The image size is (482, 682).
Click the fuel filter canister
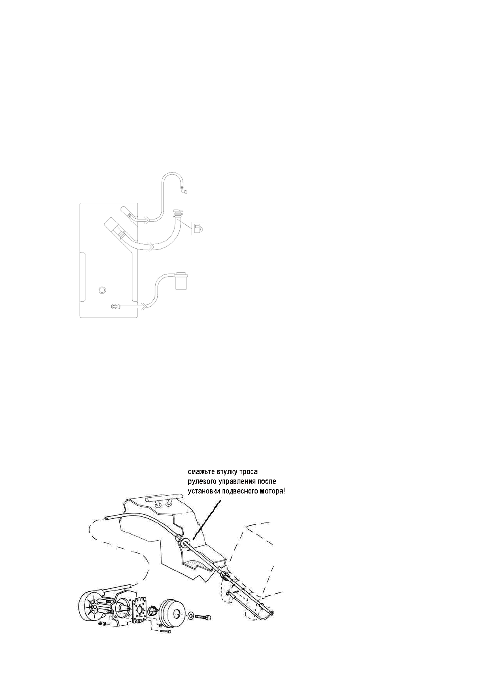pyautogui.click(x=181, y=281)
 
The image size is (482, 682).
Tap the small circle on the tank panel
pyautogui.click(x=102, y=289)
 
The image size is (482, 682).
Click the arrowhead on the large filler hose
pyautogui.click(x=151, y=246)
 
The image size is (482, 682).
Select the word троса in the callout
pyautogui.click(x=248, y=472)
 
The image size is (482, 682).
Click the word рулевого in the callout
pyautogui.click(x=203, y=482)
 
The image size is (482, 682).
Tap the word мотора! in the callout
pyautogui.click(x=273, y=491)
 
